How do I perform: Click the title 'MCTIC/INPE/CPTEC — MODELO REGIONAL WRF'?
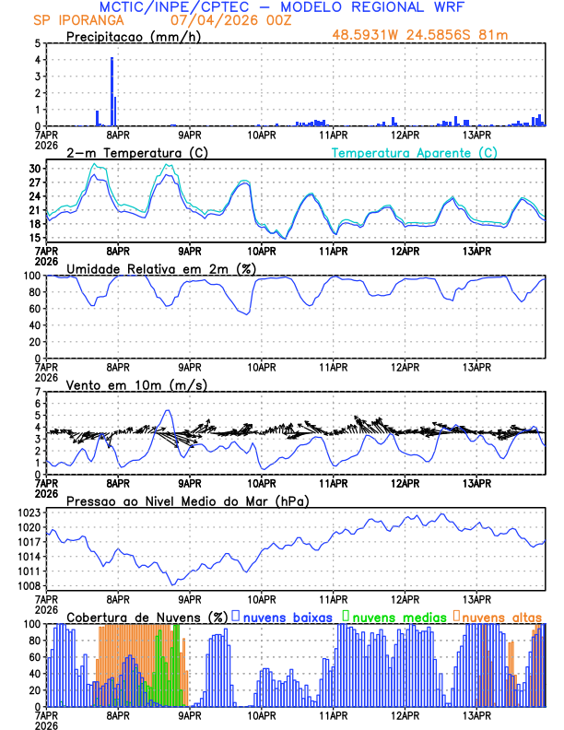[281, 7]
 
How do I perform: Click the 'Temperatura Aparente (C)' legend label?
[415, 152]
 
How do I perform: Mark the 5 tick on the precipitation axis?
[37, 43]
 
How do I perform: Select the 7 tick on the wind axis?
[37, 392]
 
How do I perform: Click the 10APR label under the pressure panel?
[262, 597]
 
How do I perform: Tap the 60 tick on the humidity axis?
[33, 309]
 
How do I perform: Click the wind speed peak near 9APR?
[168, 411]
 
